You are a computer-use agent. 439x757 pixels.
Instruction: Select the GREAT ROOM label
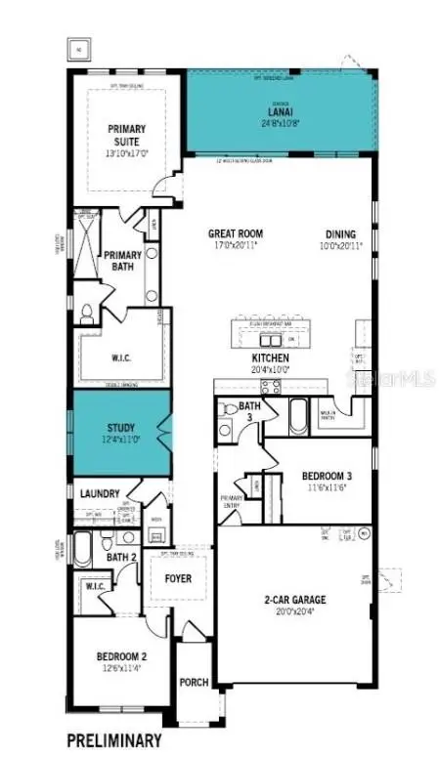click(x=237, y=233)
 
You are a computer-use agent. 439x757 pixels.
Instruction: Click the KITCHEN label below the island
click(x=270, y=358)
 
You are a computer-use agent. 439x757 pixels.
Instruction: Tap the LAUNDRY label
click(x=101, y=494)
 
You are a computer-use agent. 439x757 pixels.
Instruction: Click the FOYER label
click(x=179, y=578)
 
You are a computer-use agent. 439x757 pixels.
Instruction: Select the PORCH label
click(x=194, y=682)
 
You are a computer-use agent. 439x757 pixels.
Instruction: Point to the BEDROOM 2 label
click(x=121, y=655)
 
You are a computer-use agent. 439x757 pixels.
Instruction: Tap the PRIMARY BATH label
click(x=124, y=261)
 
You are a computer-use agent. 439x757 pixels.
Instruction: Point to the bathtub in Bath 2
click(x=83, y=550)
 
